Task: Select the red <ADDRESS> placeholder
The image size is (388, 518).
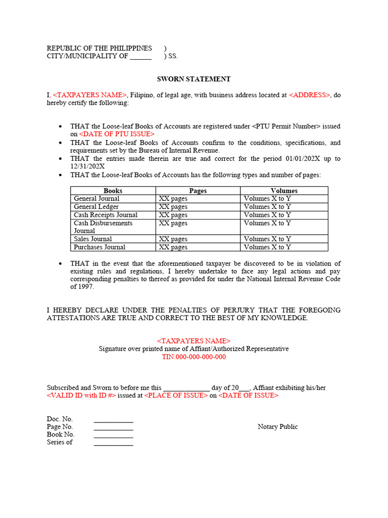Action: point(310,95)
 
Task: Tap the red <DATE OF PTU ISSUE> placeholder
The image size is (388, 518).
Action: point(117,134)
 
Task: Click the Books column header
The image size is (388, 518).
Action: point(113,191)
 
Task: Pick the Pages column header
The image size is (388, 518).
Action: point(198,191)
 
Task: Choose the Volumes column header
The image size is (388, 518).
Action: point(284,191)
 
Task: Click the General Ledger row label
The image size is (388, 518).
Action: point(96,207)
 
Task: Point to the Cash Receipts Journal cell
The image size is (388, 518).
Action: point(106,215)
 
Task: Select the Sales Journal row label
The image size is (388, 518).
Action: point(93,239)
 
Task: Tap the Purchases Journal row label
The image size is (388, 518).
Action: point(100,247)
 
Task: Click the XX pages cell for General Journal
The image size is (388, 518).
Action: point(173,199)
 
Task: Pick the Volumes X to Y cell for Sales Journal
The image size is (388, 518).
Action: point(267,239)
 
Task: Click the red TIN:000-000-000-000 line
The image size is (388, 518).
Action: point(193,357)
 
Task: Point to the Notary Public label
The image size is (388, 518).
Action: point(277,426)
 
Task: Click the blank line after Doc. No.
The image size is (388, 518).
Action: point(113,420)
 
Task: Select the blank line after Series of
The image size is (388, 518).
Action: point(113,443)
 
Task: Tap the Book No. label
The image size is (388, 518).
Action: point(61,435)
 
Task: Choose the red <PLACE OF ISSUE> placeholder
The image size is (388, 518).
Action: point(176,396)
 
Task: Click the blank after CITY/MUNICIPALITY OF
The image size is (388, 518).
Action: point(140,57)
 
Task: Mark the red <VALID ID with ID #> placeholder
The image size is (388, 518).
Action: point(81,396)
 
